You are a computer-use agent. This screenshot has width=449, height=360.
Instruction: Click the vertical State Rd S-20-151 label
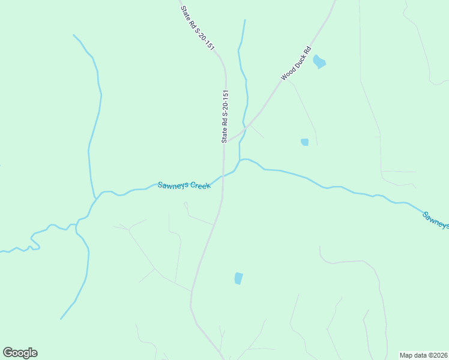[225, 116]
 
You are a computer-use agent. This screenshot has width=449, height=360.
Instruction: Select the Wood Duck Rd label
[296, 63]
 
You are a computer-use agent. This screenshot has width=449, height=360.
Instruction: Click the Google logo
[20, 353]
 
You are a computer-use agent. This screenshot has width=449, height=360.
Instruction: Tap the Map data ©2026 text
[423, 355]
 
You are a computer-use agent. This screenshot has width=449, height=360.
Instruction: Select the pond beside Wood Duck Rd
[319, 62]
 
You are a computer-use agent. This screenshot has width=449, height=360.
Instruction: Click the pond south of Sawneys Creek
[238, 278]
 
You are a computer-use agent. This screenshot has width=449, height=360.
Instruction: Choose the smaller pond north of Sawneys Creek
[304, 142]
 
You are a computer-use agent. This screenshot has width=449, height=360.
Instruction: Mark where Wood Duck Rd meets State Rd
[226, 142]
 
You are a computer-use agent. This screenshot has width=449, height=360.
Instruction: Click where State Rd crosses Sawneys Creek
[223, 176]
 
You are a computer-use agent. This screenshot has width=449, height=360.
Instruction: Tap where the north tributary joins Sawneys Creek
[241, 160]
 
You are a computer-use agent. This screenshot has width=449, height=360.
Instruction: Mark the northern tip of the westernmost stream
[74, 35]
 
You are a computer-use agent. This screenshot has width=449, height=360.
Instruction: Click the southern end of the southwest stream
[61, 319]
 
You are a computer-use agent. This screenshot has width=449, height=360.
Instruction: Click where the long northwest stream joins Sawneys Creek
[95, 198]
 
